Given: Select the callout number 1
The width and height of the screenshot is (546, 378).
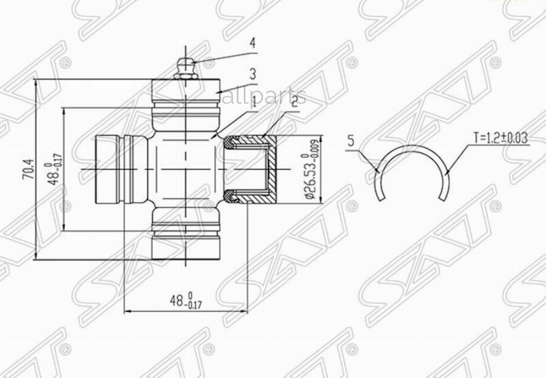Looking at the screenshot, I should (x=253, y=103).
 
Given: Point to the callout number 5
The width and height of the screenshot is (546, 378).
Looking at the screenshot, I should (x=350, y=141).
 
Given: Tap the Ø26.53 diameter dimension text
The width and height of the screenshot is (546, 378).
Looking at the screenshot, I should (x=310, y=170).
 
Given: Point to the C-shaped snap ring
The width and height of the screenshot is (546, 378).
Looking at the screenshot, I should (x=413, y=167).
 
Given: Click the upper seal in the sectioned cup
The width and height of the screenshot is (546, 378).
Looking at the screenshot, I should (x=231, y=144).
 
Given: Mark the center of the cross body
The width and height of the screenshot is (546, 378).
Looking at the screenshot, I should (x=184, y=170).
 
